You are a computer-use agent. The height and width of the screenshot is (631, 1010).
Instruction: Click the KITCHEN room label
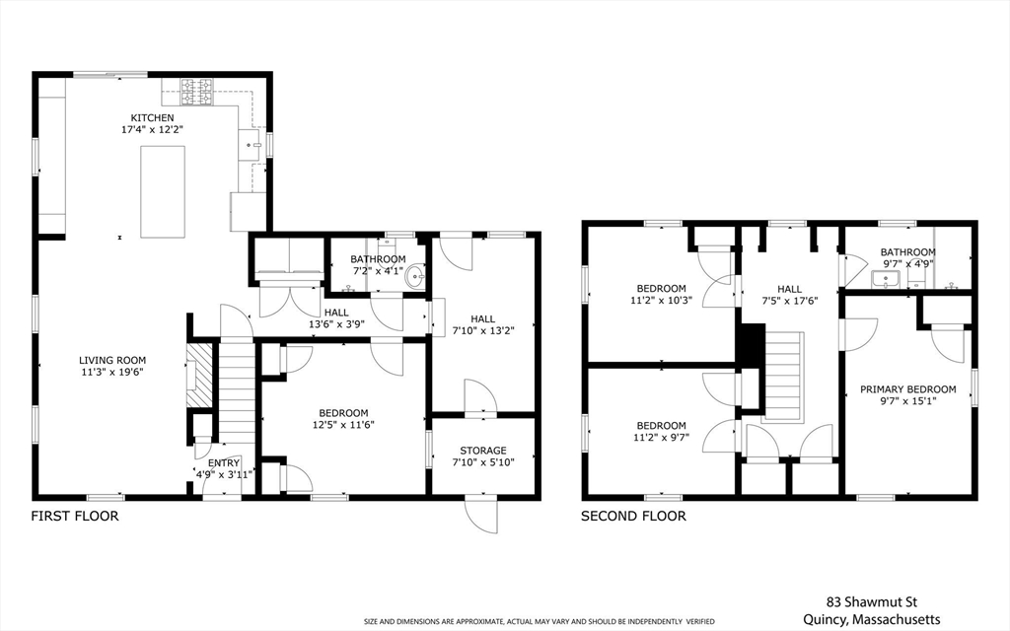[153, 118]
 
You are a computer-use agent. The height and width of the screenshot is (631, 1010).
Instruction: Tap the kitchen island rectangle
[163, 192]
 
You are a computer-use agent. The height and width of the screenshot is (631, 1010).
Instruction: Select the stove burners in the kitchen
[196, 92]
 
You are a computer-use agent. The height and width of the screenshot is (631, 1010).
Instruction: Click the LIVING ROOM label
[112, 361]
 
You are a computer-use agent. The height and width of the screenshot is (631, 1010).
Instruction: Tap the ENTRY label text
[224, 463]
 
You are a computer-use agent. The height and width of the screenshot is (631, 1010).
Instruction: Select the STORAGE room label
[483, 451]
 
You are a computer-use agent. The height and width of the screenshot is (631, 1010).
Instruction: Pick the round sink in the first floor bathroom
[415, 277]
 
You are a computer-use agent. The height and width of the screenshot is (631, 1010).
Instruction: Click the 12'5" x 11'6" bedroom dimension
[343, 424]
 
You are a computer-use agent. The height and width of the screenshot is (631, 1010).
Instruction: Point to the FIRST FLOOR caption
[75, 516]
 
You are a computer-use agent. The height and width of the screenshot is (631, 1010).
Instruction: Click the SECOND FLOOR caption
[633, 516]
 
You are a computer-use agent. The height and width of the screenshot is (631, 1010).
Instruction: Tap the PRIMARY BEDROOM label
[908, 388]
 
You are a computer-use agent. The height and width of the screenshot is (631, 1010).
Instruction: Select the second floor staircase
[784, 377]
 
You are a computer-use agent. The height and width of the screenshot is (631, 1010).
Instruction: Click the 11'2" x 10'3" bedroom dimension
[662, 300]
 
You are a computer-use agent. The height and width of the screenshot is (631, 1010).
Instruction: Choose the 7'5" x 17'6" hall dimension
[790, 300]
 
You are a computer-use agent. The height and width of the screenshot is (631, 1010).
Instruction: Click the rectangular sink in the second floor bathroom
[887, 279]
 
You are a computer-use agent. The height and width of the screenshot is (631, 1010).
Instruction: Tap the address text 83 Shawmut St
[872, 602]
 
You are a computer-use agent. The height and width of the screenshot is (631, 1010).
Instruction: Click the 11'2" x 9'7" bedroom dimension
[661, 437]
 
